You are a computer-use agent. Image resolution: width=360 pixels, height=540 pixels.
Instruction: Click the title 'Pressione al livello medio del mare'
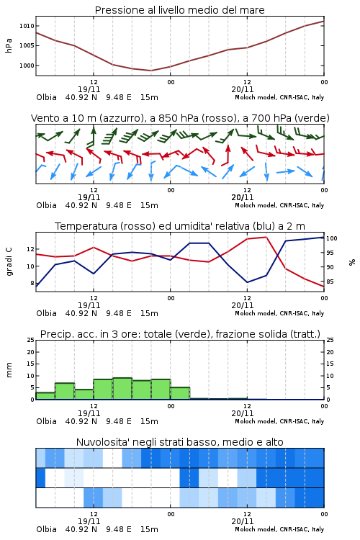click(179, 10)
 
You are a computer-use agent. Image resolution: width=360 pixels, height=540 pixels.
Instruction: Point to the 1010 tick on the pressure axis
click(27, 26)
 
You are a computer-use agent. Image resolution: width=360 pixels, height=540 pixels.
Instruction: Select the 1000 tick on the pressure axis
click(27, 66)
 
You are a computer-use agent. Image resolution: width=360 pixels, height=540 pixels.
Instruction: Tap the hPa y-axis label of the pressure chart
click(9, 45)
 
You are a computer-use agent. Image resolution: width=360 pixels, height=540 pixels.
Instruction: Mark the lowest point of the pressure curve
click(150, 71)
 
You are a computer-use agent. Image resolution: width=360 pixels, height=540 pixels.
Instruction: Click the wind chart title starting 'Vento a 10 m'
click(180, 118)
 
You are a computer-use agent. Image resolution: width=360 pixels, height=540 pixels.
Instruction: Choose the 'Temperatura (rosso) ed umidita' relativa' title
click(180, 226)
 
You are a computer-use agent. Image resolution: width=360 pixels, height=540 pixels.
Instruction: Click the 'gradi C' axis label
click(9, 262)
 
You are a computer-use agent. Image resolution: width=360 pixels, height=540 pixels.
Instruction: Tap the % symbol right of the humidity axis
click(352, 262)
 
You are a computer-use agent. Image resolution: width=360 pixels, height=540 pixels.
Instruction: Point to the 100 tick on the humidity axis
click(332, 238)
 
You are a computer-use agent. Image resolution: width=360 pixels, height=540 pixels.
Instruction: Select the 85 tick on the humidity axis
click(330, 282)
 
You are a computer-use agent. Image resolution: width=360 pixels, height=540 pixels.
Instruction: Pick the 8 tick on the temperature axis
click(32, 283)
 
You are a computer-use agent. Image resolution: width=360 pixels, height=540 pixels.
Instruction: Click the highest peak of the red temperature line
click(266, 237)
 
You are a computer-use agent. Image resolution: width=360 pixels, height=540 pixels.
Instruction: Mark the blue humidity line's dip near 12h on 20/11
click(247, 282)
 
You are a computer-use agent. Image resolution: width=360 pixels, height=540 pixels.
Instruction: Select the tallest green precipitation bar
click(122, 389)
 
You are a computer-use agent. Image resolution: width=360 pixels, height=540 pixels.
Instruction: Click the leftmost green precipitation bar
click(45, 396)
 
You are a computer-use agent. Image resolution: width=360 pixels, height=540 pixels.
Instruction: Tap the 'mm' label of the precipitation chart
click(9, 370)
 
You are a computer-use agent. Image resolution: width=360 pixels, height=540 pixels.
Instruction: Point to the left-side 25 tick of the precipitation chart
click(31, 340)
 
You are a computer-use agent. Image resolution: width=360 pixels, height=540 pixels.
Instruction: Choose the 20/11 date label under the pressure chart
click(243, 89)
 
